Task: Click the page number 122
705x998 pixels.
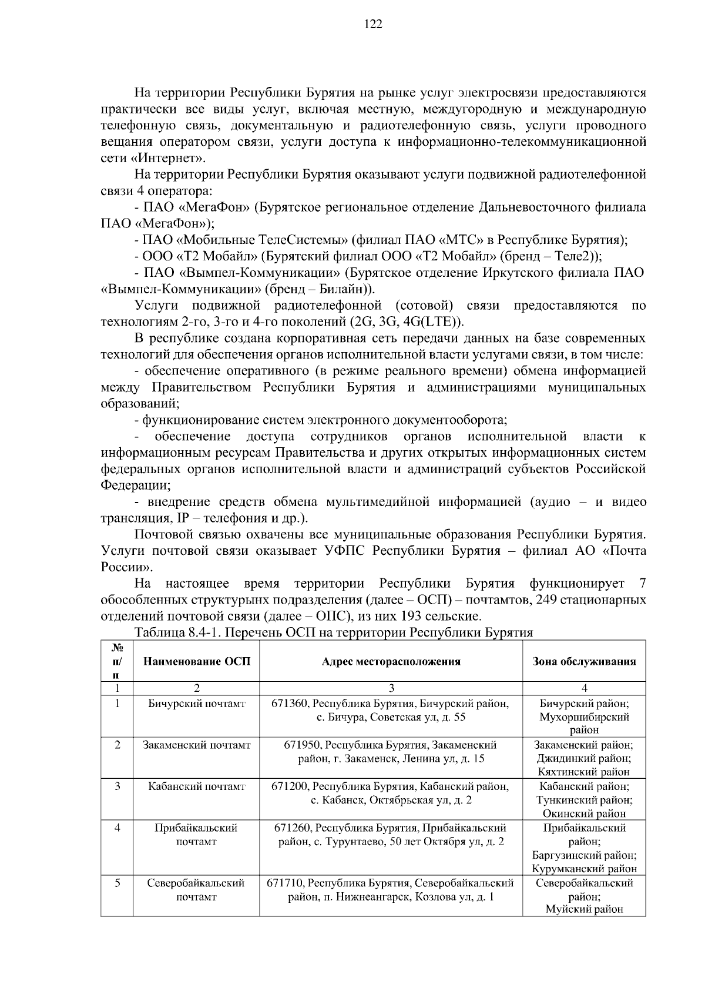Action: [374, 24]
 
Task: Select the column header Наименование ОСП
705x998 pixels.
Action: [197, 661]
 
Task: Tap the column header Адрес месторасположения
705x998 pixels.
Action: [391, 661]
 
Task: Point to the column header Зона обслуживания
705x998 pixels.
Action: [584, 661]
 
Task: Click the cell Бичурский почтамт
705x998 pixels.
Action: [197, 704]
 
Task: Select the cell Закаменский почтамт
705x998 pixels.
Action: [197, 745]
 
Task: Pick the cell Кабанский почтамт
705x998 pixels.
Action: [197, 786]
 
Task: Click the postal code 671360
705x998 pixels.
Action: [290, 704]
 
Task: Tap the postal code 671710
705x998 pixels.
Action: [286, 883]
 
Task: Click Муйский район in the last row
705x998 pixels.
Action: [584, 910]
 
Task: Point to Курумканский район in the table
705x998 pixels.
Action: [584, 869]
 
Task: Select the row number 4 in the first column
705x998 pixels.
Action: [117, 828]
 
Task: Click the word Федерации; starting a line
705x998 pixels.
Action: [136, 485]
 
